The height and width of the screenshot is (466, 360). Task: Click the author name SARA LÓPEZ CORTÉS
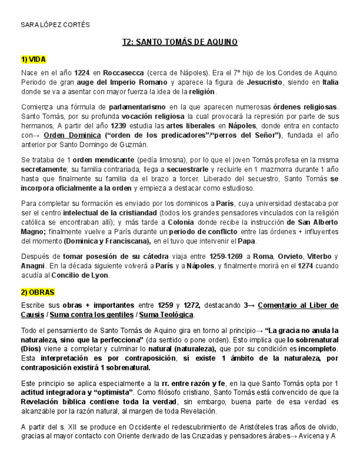(55, 25)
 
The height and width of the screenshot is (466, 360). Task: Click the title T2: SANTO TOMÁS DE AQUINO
(180, 42)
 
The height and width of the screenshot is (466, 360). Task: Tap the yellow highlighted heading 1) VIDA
(34, 59)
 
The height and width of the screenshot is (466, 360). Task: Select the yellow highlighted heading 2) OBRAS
(38, 292)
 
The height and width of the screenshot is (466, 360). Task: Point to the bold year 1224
(82, 73)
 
